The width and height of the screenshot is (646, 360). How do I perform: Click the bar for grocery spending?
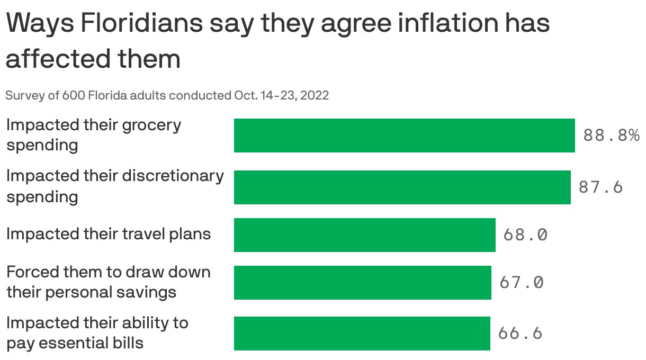(x=404, y=136)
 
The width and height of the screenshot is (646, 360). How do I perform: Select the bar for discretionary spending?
(x=402, y=187)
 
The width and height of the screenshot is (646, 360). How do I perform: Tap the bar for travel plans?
(x=364, y=235)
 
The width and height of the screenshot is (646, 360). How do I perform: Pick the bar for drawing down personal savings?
(x=362, y=282)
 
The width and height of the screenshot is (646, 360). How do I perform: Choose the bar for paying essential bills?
(x=362, y=334)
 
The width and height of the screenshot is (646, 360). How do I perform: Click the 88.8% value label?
(x=611, y=136)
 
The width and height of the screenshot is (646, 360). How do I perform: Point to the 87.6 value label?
(x=600, y=187)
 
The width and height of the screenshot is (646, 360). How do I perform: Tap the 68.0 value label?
(x=525, y=235)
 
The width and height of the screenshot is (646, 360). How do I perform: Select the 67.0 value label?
(x=522, y=282)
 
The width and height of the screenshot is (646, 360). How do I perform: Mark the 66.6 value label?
(x=520, y=333)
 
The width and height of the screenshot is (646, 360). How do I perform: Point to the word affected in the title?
(x=50, y=59)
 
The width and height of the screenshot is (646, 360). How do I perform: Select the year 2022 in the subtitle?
(x=316, y=96)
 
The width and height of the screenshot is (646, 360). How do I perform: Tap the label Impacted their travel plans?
(x=109, y=234)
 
